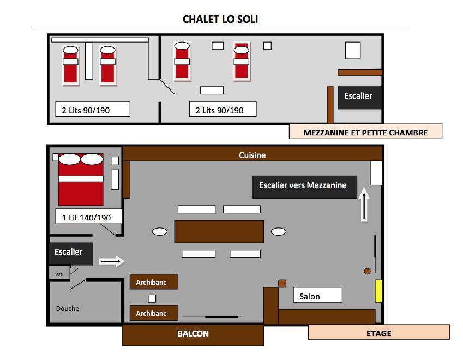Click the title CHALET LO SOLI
pyautogui.click(x=220, y=19)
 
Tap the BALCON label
pyautogui.click(x=193, y=334)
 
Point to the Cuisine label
pyautogui.click(x=252, y=155)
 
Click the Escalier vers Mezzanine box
pyautogui.click(x=305, y=187)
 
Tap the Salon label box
pyautogui.click(x=318, y=295)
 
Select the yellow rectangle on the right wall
pyautogui.click(x=378, y=291)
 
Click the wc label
pyautogui.click(x=59, y=274)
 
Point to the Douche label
pyautogui.click(x=68, y=308)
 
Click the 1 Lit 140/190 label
pyautogui.click(x=86, y=218)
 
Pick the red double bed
pyautogui.click(x=81, y=179)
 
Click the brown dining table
pyautogui.click(x=219, y=231)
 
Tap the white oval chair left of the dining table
pyautogui.click(x=160, y=231)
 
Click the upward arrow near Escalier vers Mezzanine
pyautogui.click(x=364, y=205)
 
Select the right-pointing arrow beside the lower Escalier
pyautogui.click(x=112, y=261)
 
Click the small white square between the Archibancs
pyautogui.click(x=152, y=298)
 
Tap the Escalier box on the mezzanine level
pyautogui.click(x=359, y=98)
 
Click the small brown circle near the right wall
pyautogui.click(x=368, y=271)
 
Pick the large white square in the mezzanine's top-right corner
pyautogui.click(x=353, y=51)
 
